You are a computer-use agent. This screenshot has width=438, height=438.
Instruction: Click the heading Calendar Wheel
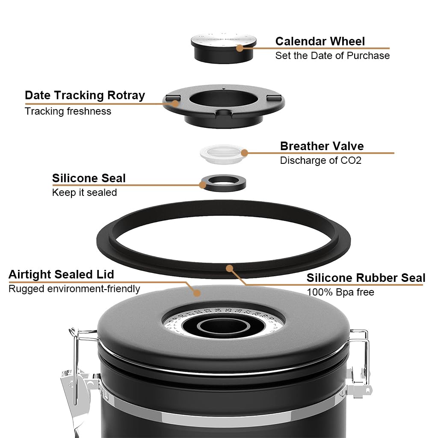click(320, 41)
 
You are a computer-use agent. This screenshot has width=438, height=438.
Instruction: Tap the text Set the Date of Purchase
click(332, 55)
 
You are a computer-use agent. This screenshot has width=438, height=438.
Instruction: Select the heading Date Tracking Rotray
click(85, 95)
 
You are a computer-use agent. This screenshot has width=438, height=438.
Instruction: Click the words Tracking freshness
click(68, 111)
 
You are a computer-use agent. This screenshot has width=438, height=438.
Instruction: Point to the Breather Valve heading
click(322, 146)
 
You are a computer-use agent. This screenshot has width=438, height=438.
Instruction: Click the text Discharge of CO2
click(320, 160)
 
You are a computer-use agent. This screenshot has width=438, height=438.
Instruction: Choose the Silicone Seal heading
click(89, 178)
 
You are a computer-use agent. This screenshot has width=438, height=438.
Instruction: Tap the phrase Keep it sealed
click(84, 192)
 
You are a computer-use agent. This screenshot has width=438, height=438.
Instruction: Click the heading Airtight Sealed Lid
click(61, 274)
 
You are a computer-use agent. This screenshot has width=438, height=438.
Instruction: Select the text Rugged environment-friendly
click(74, 289)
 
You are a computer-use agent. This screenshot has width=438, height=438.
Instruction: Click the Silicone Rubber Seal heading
click(366, 278)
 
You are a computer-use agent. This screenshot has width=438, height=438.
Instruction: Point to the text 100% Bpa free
click(340, 292)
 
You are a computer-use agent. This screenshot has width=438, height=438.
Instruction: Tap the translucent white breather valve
click(222, 153)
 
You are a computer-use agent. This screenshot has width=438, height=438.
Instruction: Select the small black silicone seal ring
click(223, 183)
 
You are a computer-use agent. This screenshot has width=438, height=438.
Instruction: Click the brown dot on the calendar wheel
click(240, 48)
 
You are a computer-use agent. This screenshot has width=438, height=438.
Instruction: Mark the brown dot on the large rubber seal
click(229, 269)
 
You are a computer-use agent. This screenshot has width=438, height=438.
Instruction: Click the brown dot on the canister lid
click(197, 293)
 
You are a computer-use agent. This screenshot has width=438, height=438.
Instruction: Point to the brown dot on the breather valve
click(244, 153)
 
